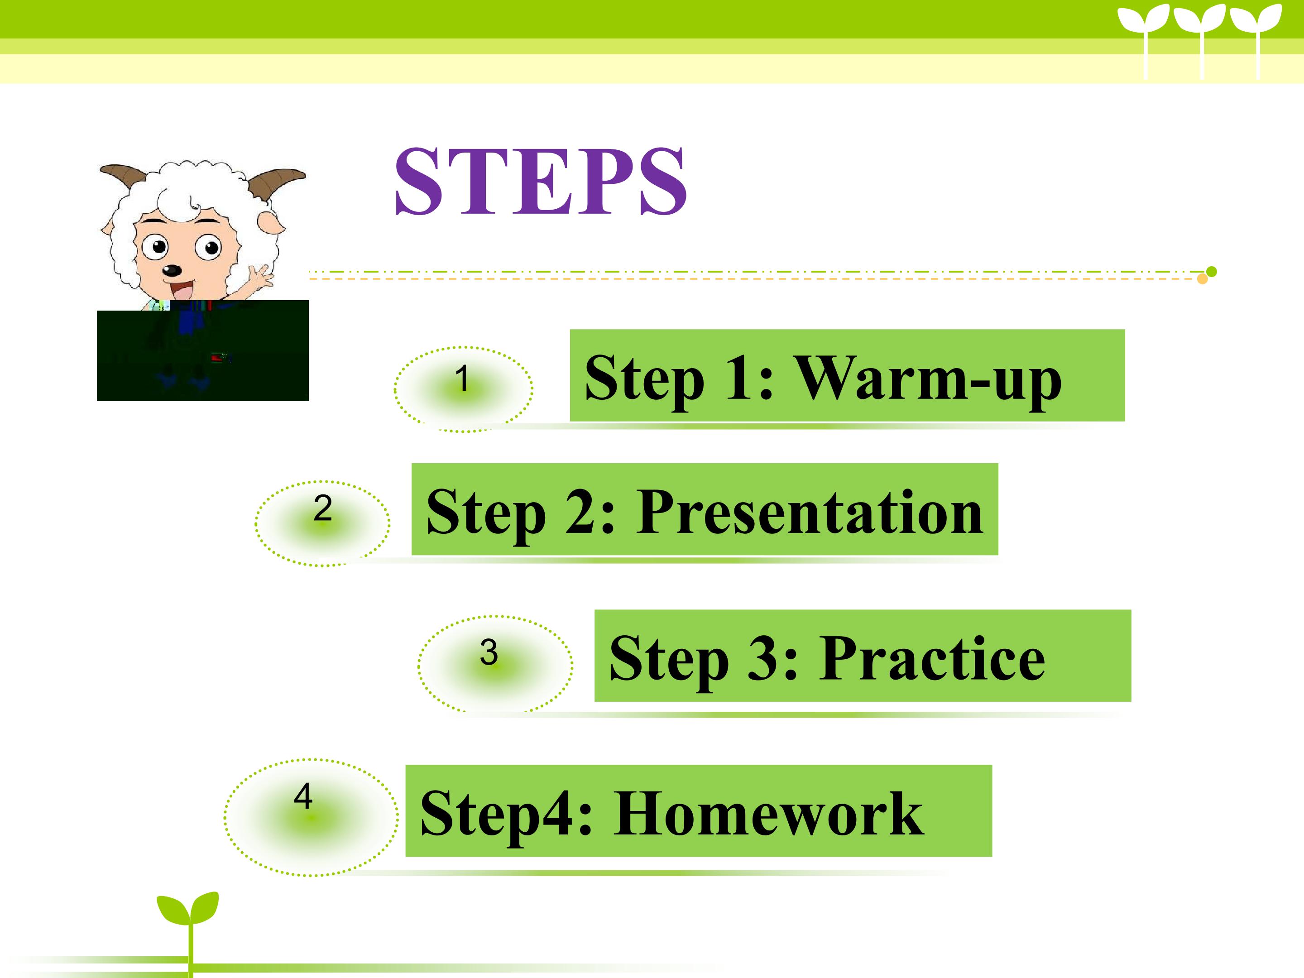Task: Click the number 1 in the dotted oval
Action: [462, 378]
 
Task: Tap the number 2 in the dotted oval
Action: [322, 508]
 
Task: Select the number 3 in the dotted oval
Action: [489, 652]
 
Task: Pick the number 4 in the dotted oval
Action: [303, 796]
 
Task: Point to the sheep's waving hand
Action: [260, 275]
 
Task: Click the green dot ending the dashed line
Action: [1212, 272]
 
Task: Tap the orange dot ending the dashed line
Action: [1203, 279]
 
